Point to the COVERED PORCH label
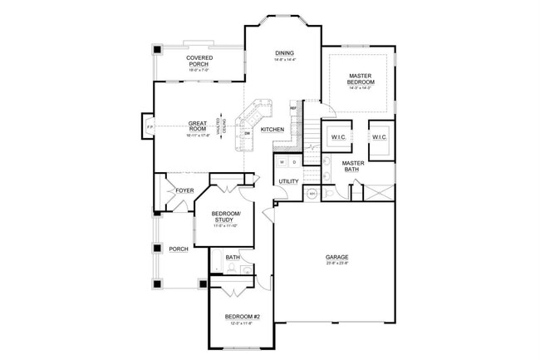click(199, 61)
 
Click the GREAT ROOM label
click(197, 126)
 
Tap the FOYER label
click(184, 190)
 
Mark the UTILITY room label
click(288, 180)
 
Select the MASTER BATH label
click(353, 166)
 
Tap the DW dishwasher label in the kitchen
click(248, 132)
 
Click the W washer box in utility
click(282, 161)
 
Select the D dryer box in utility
click(294, 161)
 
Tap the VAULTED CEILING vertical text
click(220, 126)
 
